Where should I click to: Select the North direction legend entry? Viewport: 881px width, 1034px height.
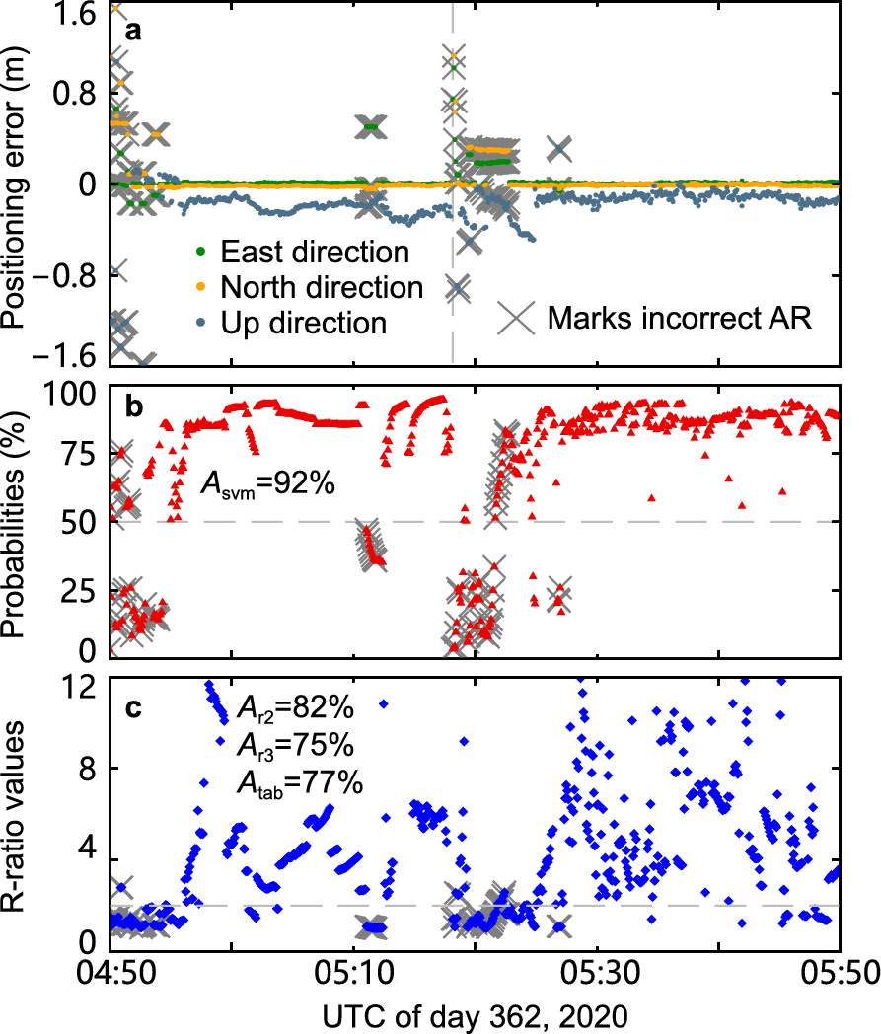coord(322,287)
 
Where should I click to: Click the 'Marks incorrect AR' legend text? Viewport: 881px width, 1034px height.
coord(680,318)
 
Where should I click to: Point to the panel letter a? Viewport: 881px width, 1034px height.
coord(132,31)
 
